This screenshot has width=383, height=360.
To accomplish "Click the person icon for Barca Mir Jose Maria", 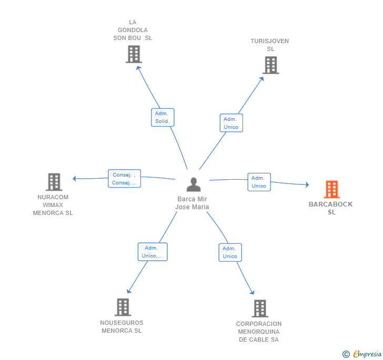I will tap(194, 184).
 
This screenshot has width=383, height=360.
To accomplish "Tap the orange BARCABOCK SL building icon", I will tap(331, 189).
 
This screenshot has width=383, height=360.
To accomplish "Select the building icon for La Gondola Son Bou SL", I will tap(134, 54).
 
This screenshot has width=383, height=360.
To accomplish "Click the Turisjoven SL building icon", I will tap(270, 65).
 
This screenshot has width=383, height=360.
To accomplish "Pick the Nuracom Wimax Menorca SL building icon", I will tap(54, 182).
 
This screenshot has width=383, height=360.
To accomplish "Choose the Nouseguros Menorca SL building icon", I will tap(123, 307).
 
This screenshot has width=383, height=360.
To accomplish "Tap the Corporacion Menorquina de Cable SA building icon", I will tap(259, 308).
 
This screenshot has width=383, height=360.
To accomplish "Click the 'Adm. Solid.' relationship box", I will tap(162, 117).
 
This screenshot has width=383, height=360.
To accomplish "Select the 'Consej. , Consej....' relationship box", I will tap(124, 179).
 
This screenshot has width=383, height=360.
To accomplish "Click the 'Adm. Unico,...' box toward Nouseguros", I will tap(152, 252).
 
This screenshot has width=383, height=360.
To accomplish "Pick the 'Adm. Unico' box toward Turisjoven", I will tap(231, 123).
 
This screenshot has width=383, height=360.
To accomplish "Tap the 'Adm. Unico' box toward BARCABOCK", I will tap(259, 182).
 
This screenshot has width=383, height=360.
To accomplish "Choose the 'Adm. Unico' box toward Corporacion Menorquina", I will tap(230, 252).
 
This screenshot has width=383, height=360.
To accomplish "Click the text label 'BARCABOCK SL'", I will tap(331, 208).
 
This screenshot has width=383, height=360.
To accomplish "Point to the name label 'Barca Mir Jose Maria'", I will tap(193, 203).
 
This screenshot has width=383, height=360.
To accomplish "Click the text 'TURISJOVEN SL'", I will tap(270, 45).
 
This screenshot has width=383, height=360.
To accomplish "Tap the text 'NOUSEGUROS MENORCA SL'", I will tap(122, 327).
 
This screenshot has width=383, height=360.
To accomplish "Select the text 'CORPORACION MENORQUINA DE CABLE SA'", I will tap(259, 332).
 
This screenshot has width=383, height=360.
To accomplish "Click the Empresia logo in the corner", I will tap(362, 354).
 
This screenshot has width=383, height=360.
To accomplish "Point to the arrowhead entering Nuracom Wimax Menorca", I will tap(75, 179).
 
